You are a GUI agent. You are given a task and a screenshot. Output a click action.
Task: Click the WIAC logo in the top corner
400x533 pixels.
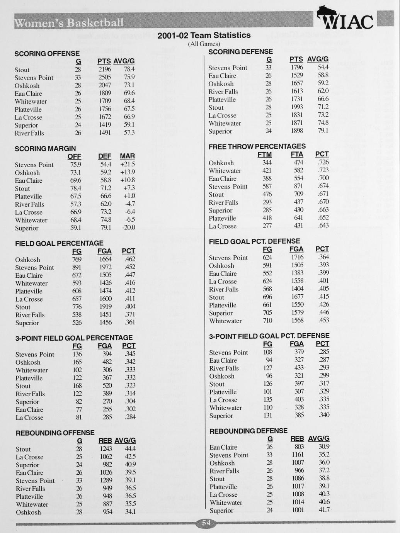[x=345, y=19]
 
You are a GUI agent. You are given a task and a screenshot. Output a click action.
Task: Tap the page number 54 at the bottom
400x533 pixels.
[x=206, y=523]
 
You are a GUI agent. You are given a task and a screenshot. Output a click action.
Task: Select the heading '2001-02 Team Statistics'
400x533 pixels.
[x=204, y=35]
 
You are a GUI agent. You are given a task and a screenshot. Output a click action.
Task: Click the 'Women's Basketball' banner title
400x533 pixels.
[x=70, y=23]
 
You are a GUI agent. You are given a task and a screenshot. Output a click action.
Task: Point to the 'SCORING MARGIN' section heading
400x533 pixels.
[x=45, y=148]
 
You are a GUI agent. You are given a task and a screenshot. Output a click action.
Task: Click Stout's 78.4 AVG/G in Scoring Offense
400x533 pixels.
[x=129, y=69]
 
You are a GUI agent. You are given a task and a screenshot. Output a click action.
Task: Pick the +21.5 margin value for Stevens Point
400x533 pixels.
[x=128, y=165]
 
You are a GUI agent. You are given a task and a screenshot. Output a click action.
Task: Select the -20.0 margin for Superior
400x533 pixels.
[x=128, y=227]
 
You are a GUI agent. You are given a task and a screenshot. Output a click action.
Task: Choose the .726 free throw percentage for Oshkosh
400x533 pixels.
[x=323, y=163]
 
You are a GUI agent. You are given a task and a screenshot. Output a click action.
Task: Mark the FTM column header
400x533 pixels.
[x=264, y=154]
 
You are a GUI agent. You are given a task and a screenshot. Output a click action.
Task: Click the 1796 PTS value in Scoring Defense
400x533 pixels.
[x=297, y=68]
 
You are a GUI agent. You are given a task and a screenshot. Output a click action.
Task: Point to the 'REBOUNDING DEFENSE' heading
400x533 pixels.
[x=248, y=431]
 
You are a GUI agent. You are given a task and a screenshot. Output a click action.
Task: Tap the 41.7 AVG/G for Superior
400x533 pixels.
[x=324, y=510]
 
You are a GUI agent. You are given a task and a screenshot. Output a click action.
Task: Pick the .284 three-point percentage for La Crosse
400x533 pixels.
[x=130, y=417]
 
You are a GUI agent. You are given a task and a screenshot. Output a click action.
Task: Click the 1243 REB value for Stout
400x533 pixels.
[x=106, y=449]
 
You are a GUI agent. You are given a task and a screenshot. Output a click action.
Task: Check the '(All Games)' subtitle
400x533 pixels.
[x=204, y=44]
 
